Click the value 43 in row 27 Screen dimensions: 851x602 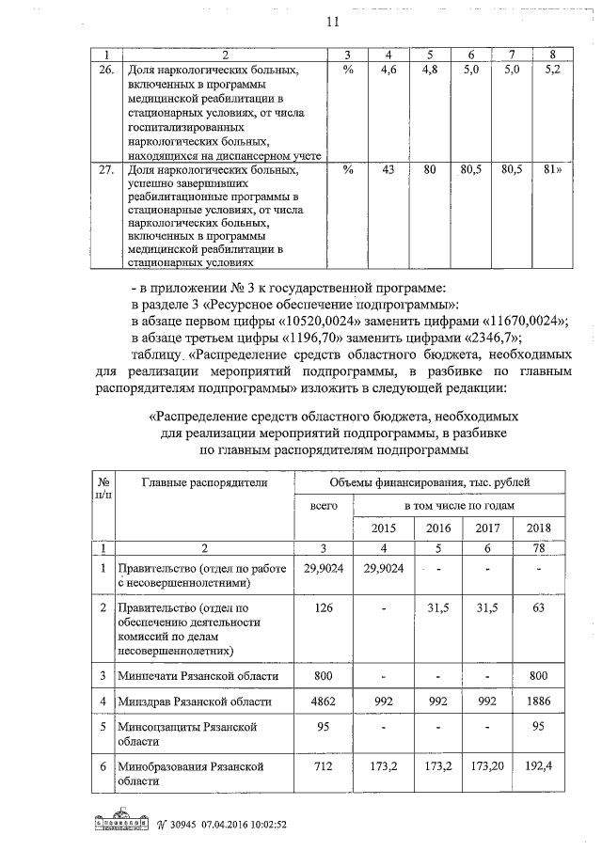(388, 170)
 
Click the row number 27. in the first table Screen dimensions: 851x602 (106, 170)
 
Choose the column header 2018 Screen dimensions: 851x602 (539, 528)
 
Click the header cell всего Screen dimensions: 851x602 (324, 506)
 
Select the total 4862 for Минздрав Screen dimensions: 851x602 (324, 701)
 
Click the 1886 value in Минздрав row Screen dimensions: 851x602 (539, 701)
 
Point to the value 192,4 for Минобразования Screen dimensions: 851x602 (539, 766)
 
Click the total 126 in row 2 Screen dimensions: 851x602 (324, 607)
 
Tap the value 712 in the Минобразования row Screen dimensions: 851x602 (324, 766)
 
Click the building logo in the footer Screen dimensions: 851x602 (123, 823)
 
